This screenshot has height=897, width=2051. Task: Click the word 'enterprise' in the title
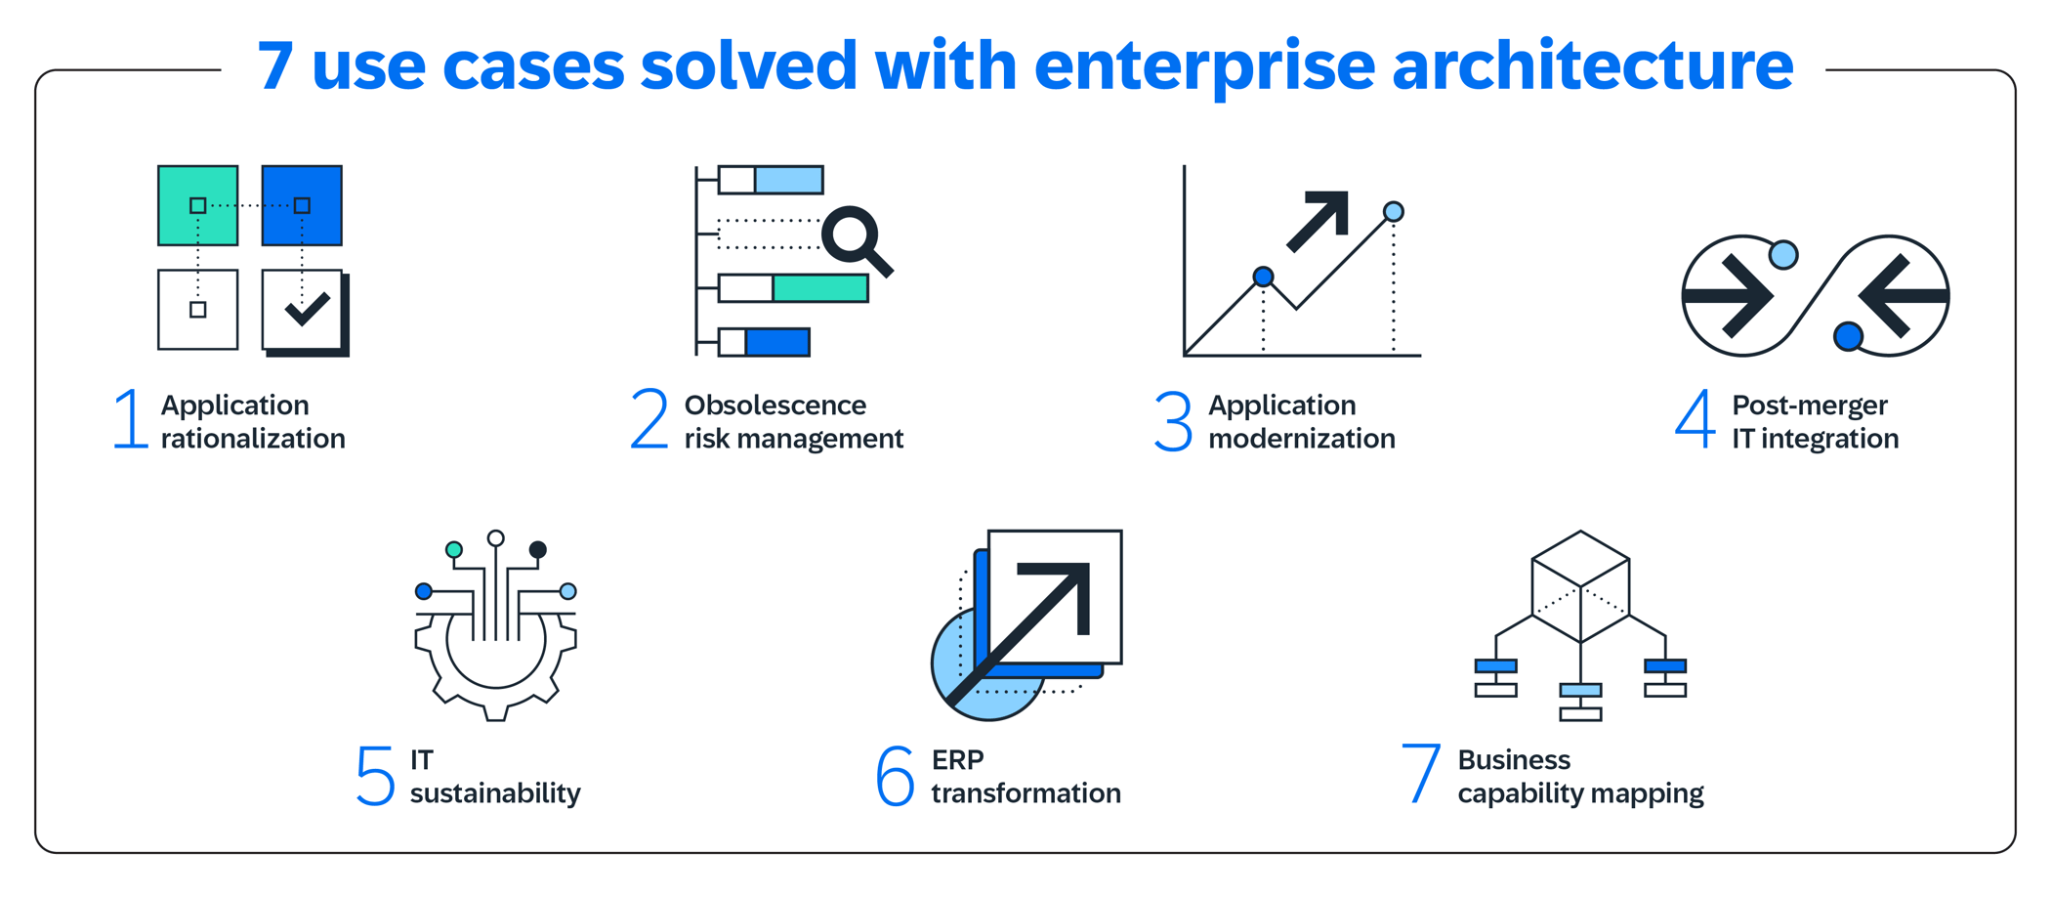point(1203,66)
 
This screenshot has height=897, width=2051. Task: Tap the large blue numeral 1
point(131,420)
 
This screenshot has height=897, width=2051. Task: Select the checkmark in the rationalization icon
point(307,310)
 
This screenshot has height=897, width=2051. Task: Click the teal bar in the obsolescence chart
point(819,288)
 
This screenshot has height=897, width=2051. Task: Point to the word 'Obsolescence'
point(774,405)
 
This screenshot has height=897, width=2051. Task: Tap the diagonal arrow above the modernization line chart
point(1320,219)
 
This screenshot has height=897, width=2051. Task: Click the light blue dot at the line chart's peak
point(1394,211)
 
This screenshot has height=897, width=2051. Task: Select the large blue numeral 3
point(1172,421)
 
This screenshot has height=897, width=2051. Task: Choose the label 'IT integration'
point(1815,439)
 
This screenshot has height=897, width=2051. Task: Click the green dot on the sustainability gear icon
point(454,550)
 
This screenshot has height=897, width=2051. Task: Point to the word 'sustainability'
point(495,793)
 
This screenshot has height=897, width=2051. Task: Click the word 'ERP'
point(957,759)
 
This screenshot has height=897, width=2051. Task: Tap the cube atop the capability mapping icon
point(1580,585)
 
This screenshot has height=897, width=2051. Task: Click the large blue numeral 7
point(1420,774)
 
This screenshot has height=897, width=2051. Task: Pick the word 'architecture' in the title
point(1592,66)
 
